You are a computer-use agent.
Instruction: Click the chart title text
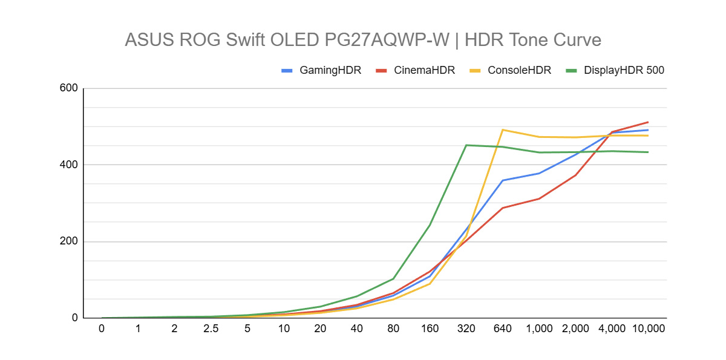(x=363, y=40)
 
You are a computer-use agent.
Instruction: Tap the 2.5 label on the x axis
(x=211, y=329)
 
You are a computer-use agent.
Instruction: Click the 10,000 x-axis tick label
(x=648, y=329)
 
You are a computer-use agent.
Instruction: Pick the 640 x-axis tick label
(x=502, y=329)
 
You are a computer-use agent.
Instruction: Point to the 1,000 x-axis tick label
(x=538, y=329)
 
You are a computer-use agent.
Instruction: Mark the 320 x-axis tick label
(x=466, y=329)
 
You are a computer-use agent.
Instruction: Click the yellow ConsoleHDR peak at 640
(x=502, y=129)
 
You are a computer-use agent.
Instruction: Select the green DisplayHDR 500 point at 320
(x=466, y=145)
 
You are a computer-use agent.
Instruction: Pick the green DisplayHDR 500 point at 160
(x=430, y=225)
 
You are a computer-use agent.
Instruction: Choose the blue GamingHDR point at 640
(x=502, y=180)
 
